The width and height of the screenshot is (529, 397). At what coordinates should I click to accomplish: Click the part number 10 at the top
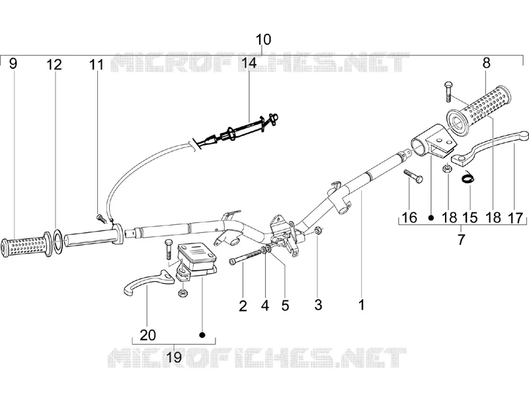tap(263, 40)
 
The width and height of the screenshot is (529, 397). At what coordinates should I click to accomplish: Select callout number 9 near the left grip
tap(13, 63)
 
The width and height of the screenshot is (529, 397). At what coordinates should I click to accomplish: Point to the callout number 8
tap(486, 63)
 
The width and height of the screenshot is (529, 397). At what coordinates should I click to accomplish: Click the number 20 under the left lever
tap(147, 335)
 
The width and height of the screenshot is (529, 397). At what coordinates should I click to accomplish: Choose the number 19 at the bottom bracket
tap(174, 357)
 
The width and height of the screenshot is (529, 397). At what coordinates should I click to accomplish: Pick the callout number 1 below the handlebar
tap(362, 304)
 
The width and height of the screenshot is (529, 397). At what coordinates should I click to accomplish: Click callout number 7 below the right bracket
tap(461, 239)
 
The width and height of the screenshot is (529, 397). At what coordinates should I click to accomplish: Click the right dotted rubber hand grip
tap(479, 108)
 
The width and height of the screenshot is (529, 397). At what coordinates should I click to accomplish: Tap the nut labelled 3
tap(318, 230)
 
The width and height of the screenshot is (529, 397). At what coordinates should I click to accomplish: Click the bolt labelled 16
tap(413, 175)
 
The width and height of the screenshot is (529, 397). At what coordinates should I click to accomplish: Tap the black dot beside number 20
tap(202, 335)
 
